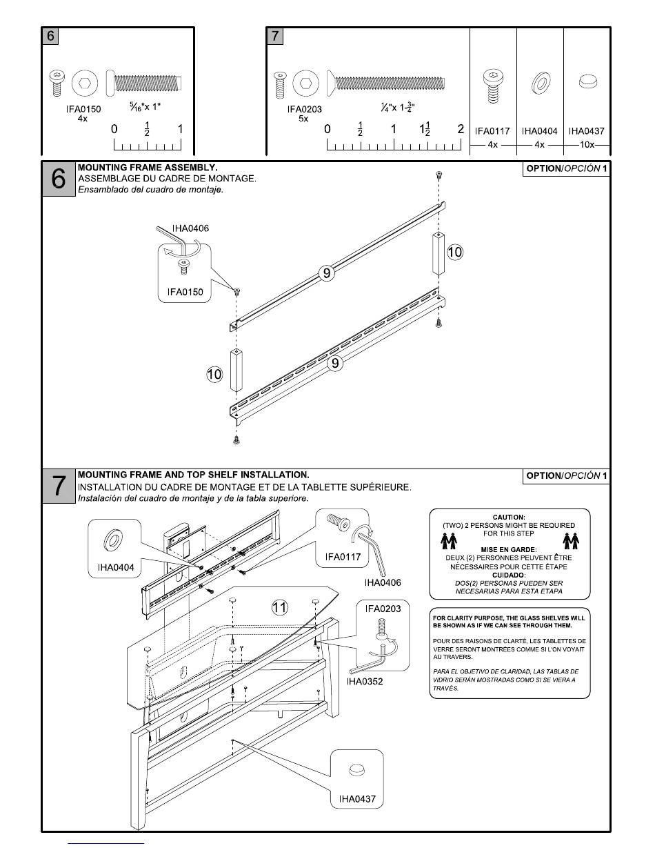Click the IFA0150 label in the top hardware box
tap(83, 109)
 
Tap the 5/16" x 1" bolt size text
tap(145, 106)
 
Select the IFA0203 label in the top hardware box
tap(305, 109)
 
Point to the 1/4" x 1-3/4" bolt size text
tap(398, 107)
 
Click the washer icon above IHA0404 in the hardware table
tap(541, 83)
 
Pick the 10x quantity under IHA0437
tap(587, 145)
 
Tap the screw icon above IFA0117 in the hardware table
tap(493, 86)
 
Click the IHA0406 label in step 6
tap(191, 228)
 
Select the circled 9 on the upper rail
tap(327, 273)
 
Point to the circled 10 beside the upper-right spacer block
tap(454, 252)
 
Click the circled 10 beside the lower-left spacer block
tap(214, 375)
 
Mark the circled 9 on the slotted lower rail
tap(335, 364)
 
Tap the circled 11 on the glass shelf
tap(279, 608)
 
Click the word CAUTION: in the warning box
tap(509, 517)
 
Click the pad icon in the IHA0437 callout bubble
tap(356, 770)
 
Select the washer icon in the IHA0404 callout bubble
tap(114, 540)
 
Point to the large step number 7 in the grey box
tap(59, 486)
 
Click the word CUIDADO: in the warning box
tap(509, 575)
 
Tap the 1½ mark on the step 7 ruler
tap(425, 129)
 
